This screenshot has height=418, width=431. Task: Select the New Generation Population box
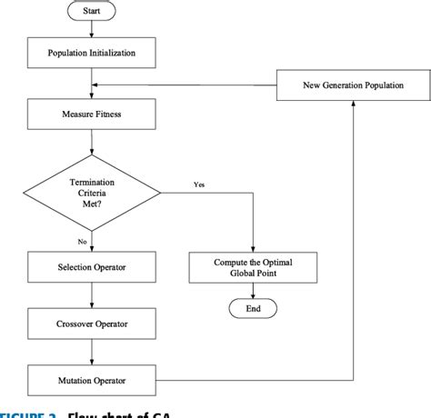click(x=353, y=85)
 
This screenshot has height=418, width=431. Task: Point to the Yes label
click(x=199, y=184)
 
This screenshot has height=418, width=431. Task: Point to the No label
click(x=83, y=241)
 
